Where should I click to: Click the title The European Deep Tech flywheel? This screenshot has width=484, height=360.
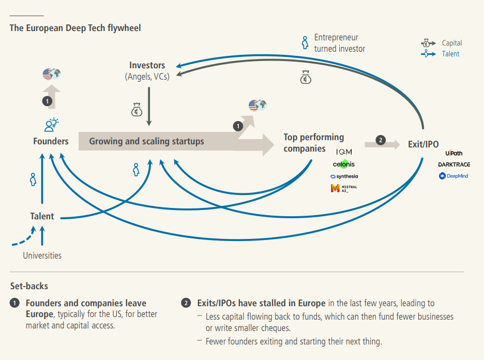click(75, 28)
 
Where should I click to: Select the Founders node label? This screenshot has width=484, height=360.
click(51, 141)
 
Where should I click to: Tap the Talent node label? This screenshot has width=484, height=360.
click(42, 216)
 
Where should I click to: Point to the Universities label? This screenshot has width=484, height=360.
click(42, 256)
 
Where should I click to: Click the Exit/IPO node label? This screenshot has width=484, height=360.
click(423, 144)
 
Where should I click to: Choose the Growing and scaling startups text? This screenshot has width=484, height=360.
click(146, 141)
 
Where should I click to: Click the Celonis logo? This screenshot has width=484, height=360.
click(344, 164)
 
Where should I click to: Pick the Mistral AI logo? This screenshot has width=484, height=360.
click(344, 188)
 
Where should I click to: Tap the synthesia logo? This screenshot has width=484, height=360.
click(344, 176)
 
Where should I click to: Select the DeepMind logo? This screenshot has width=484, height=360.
click(453, 176)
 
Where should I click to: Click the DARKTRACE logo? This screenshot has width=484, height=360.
click(453, 164)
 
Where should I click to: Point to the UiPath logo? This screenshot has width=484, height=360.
click(453, 154)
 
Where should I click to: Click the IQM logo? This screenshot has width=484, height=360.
click(344, 153)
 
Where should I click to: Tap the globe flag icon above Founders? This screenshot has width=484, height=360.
click(52, 74)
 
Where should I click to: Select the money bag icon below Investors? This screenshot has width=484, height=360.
click(136, 110)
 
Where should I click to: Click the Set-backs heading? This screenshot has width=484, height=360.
click(29, 286)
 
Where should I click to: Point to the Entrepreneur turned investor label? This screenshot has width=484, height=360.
click(339, 43)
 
